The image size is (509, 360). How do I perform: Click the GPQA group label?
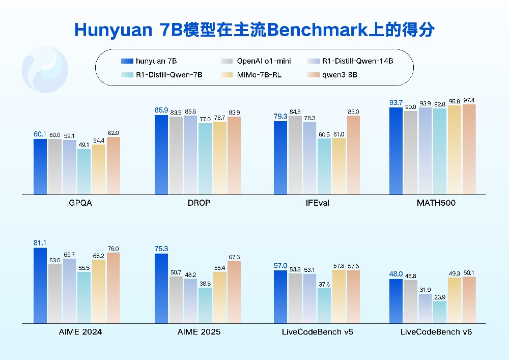tap(80, 203)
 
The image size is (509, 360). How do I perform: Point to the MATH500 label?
tap(436, 203)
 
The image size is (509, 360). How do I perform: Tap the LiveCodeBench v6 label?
tap(436, 332)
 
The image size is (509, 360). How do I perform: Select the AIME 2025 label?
tap(199, 332)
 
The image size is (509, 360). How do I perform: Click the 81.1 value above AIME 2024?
tap(40, 243)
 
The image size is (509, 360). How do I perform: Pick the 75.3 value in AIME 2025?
tap(161, 248)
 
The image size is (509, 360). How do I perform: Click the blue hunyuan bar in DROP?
tap(161, 155)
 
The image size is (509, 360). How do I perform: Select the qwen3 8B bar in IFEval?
tap(353, 155)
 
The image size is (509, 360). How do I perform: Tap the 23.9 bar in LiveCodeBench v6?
tap(440, 312)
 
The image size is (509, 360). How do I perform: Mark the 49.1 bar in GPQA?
tap(84, 172)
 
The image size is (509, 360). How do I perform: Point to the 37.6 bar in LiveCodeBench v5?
tap(324, 306)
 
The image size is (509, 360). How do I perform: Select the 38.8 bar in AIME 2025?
tap(205, 306)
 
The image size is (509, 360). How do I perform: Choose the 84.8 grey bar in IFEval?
tap(295, 155)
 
